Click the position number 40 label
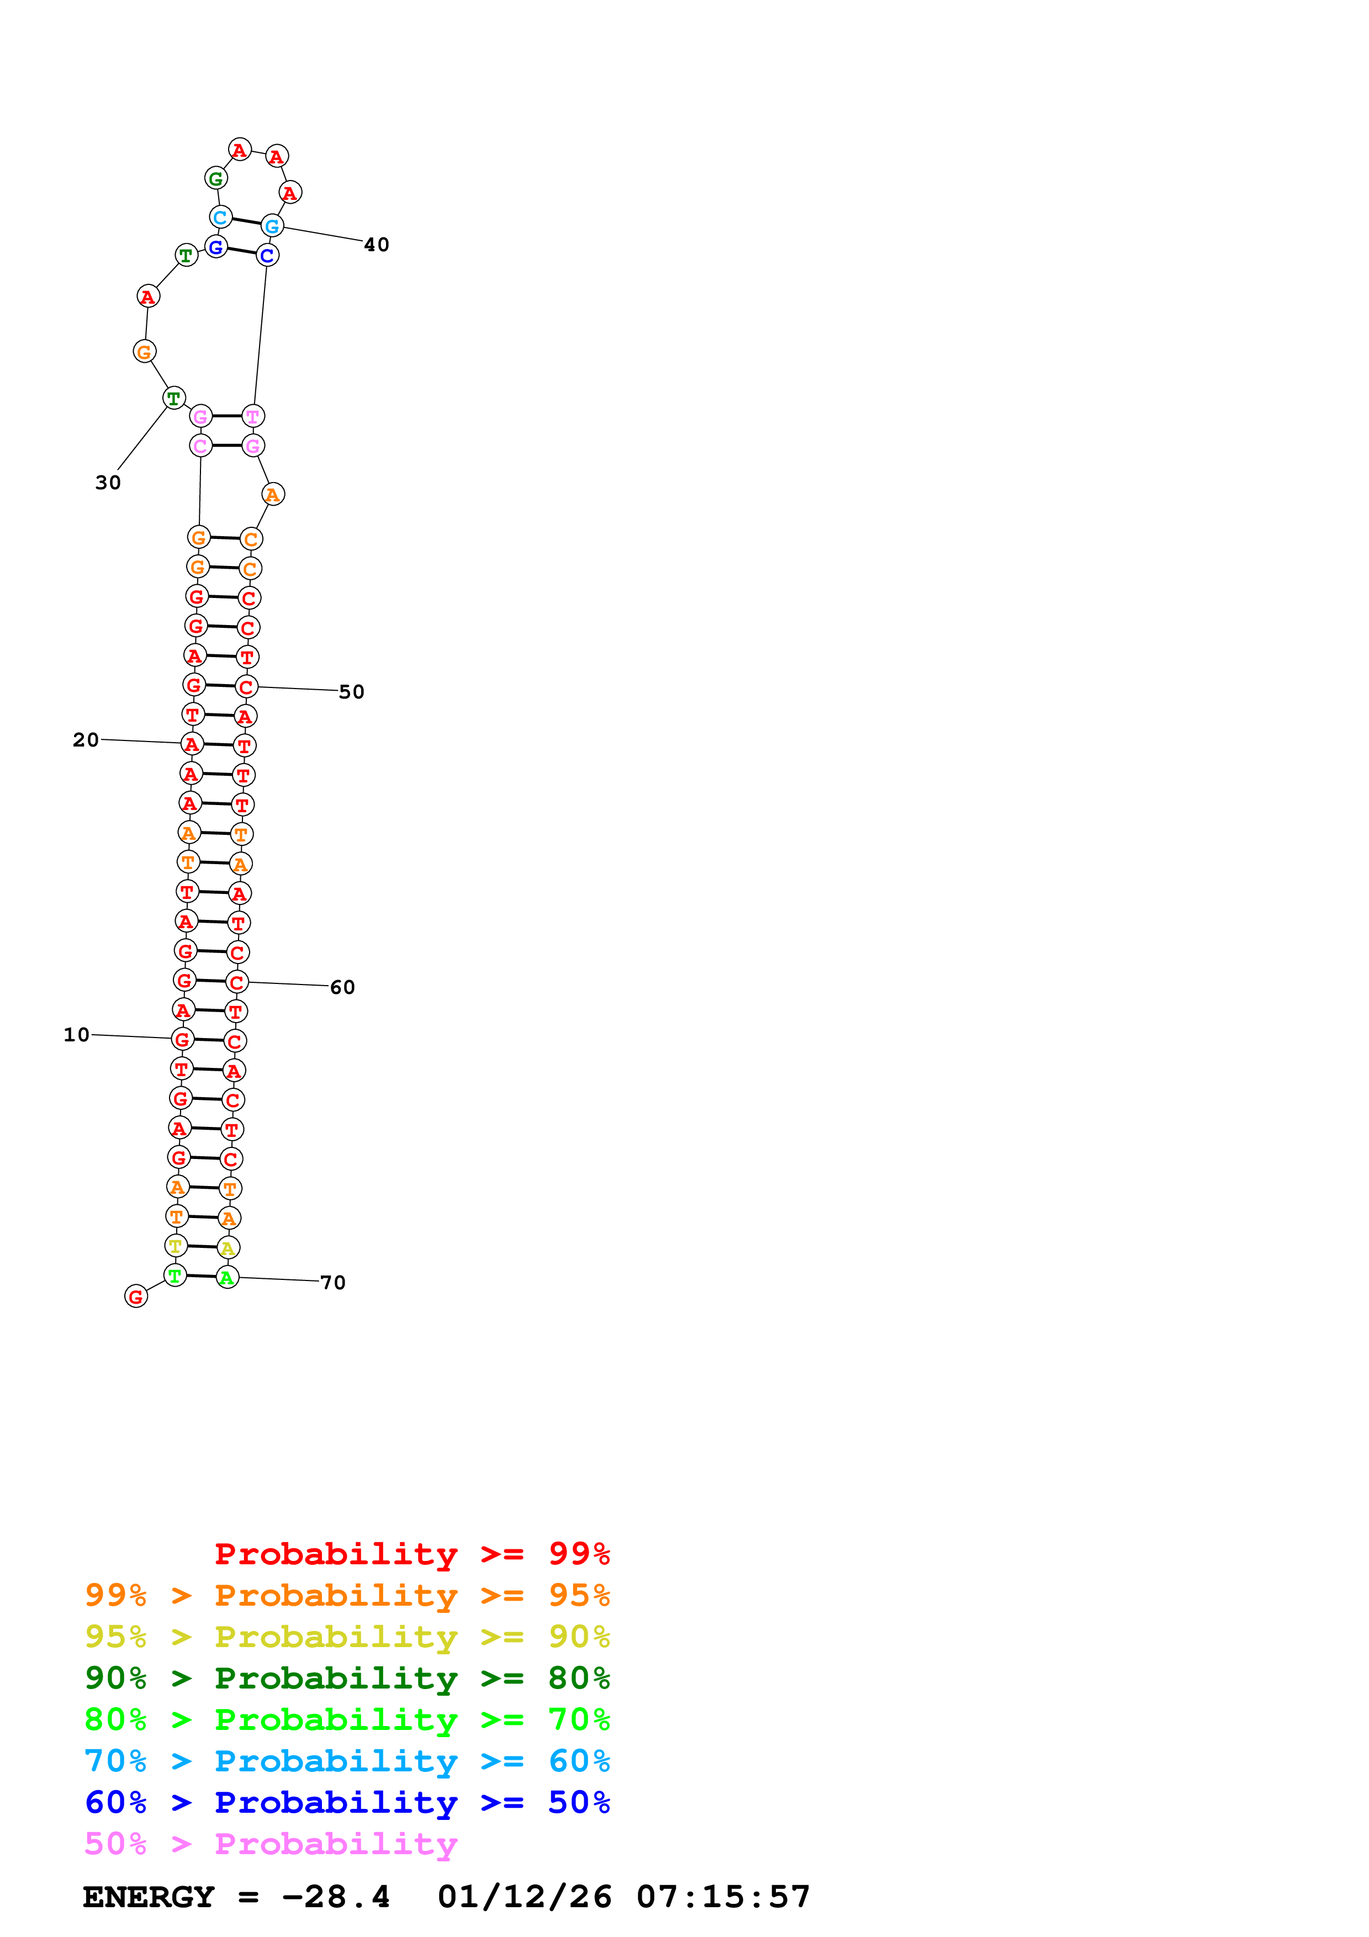click(376, 245)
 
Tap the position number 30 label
click(108, 483)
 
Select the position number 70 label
click(333, 1282)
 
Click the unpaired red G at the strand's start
click(136, 1296)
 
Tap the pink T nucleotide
click(252, 416)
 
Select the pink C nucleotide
click(200, 446)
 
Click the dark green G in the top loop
click(216, 178)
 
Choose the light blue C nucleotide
click(220, 217)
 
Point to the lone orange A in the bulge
click(272, 494)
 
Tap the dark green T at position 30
click(174, 398)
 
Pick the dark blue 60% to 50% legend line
click(347, 1802)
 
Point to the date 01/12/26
click(524, 1897)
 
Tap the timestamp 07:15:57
click(723, 1897)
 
